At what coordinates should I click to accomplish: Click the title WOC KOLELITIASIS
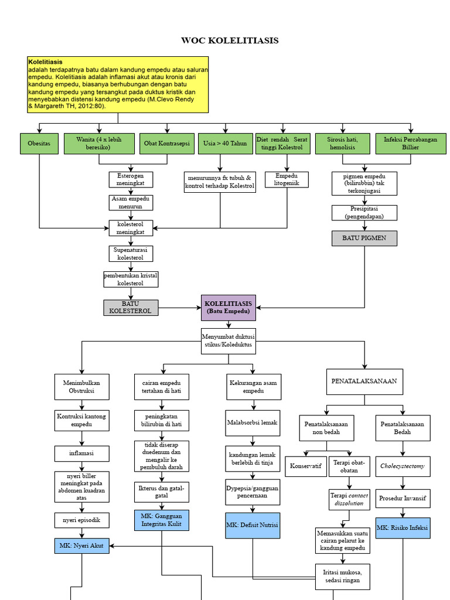[230, 40]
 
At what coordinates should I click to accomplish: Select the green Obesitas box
[39, 144]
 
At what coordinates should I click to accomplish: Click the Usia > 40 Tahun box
[225, 144]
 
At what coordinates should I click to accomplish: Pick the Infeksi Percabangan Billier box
[411, 144]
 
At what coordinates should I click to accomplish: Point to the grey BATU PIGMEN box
[364, 238]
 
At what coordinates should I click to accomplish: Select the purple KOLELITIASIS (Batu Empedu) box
[229, 308]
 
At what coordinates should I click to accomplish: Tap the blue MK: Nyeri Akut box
[81, 546]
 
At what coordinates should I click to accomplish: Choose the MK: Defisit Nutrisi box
[252, 525]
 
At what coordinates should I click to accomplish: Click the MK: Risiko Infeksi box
[403, 528]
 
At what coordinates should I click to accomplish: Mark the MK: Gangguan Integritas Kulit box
[161, 520]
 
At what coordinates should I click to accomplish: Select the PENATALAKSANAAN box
[364, 381]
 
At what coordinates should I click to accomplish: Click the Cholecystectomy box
[403, 466]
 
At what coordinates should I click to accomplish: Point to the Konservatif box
[305, 466]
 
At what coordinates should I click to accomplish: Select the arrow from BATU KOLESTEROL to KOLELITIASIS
[180, 307]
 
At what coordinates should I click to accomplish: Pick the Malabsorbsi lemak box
[253, 422]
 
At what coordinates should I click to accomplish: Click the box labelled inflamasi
[81, 454]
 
